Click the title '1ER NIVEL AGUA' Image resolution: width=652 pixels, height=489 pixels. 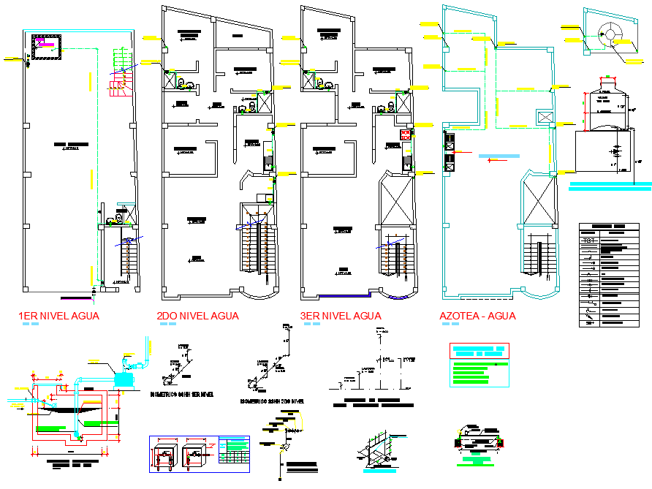pyautogui.click(x=58, y=316)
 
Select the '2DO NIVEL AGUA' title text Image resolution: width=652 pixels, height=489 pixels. pyautogui.click(x=197, y=316)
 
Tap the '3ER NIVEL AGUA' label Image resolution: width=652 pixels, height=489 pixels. pyautogui.click(x=340, y=316)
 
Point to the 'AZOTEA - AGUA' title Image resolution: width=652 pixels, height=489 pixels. pyautogui.click(x=477, y=316)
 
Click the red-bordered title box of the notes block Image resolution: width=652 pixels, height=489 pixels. pyautogui.click(x=479, y=350)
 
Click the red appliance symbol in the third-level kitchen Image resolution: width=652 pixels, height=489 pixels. pyautogui.click(x=406, y=134)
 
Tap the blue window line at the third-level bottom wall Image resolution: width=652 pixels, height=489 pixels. pyautogui.click(x=344, y=296)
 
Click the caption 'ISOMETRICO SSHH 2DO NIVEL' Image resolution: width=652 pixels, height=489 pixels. pyautogui.click(x=271, y=401)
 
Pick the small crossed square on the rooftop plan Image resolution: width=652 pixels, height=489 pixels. pyautogui.click(x=545, y=117)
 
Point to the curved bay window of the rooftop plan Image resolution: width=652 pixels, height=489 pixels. pyautogui.click(x=539, y=295)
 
